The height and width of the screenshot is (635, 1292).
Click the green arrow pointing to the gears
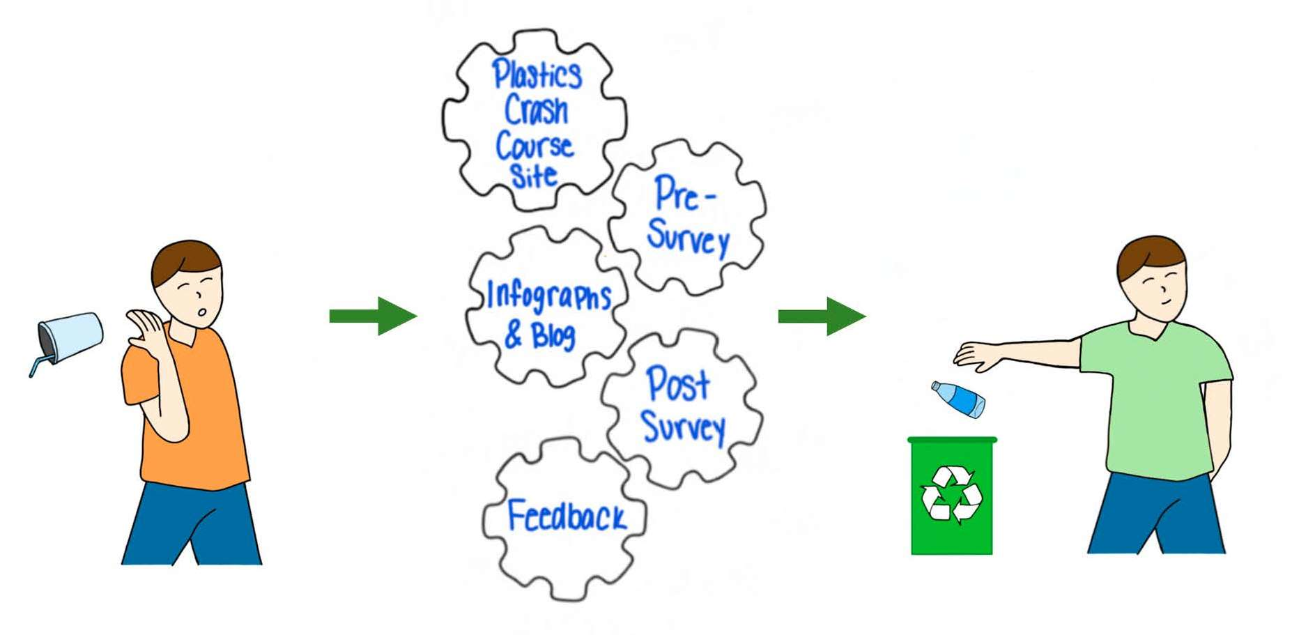point(373,316)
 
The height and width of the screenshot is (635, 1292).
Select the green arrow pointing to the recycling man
point(822,316)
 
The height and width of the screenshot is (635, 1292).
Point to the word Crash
point(536,110)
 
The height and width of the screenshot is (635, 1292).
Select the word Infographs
point(548,296)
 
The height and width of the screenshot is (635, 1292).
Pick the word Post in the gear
point(677,384)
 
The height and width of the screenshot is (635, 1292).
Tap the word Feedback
point(566,517)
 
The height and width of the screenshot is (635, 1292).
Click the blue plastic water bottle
point(959,399)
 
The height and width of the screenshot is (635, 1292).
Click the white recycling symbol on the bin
point(951,495)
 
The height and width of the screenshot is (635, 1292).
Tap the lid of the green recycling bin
point(952,441)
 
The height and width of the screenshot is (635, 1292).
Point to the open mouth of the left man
point(201,312)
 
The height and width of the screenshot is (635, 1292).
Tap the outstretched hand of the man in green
point(976,355)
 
